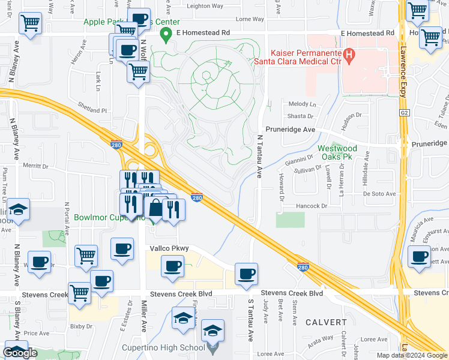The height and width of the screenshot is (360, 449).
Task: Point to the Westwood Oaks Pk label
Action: (x=337, y=152)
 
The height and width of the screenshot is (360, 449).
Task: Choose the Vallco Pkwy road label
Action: (x=169, y=248)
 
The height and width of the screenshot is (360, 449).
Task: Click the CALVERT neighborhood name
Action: (x=326, y=322)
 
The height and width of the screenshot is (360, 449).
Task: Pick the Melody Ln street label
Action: (x=302, y=104)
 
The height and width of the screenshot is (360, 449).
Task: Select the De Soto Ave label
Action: (x=379, y=194)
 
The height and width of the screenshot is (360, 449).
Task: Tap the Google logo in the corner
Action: (x=20, y=353)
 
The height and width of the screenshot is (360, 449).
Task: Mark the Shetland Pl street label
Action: (x=92, y=110)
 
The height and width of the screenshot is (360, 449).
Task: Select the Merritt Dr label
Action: (x=35, y=165)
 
